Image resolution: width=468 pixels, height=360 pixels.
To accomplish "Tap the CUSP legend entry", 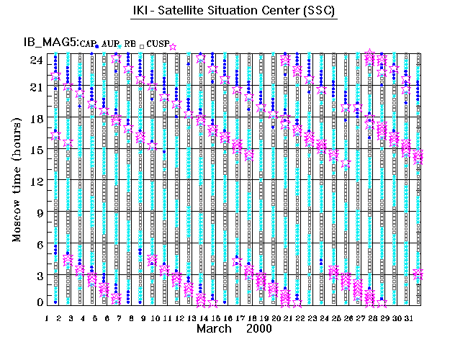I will click(158, 45).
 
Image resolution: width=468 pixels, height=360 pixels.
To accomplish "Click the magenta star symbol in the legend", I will click(173, 47).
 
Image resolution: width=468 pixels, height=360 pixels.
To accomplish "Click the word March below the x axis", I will click(215, 328).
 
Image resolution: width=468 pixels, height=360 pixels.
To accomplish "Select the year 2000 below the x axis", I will click(258, 328).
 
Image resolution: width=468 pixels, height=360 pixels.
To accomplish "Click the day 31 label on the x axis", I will click(408, 318).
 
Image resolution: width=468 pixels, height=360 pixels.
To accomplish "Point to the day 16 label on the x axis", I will click(227, 318).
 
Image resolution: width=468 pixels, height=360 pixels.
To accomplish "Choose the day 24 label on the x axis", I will click(324, 318).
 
